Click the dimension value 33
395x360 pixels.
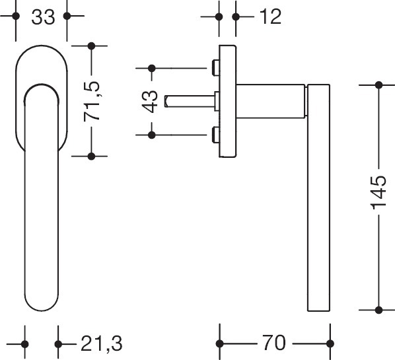[42, 17]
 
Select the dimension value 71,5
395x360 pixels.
[95, 101]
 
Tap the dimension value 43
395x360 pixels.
[151, 101]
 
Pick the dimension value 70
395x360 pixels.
[273, 343]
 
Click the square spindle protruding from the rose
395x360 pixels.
[188, 101]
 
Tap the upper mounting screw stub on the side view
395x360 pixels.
[215, 67]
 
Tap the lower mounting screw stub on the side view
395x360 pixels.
[215, 135]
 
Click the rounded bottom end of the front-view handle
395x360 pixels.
[42, 301]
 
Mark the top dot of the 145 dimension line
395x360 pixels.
[378, 85]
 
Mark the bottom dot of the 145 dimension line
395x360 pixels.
[378, 309]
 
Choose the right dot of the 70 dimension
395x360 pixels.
[330, 343]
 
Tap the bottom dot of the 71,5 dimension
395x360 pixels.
[92, 156]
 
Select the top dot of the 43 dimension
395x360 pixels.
[151, 67]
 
